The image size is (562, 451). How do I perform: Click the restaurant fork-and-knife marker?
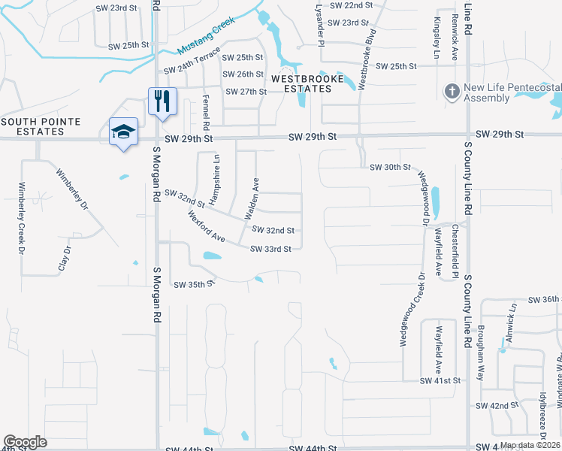click(x=163, y=101)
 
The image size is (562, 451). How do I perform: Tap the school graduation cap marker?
click(x=124, y=132)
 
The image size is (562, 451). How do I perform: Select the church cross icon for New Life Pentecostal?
click(x=452, y=92)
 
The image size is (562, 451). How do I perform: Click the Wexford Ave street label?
click(x=207, y=226)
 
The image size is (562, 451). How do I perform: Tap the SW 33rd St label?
click(x=270, y=249)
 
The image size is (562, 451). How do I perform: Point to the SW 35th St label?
click(x=194, y=285)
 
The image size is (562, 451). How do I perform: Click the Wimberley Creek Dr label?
click(x=21, y=218)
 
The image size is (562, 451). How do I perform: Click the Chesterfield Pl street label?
click(x=455, y=251)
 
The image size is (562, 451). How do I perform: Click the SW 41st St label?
click(x=440, y=381)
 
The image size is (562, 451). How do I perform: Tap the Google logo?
click(x=26, y=442)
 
